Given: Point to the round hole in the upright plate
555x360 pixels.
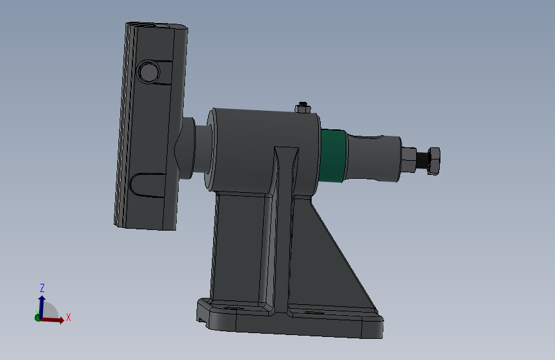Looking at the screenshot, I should pyautogui.click(x=149, y=71).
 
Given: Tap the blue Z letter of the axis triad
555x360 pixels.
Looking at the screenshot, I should pyautogui.click(x=42, y=288).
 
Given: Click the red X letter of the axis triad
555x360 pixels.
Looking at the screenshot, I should pyautogui.click(x=68, y=317).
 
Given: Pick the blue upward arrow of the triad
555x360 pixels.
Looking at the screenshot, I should pyautogui.click(x=42, y=304).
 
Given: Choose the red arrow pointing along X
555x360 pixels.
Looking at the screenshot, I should pyautogui.click(x=55, y=320).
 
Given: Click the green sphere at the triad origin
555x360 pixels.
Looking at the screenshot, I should pyautogui.click(x=38, y=317).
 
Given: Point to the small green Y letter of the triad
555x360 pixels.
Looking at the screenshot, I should pyautogui.click(x=38, y=311).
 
